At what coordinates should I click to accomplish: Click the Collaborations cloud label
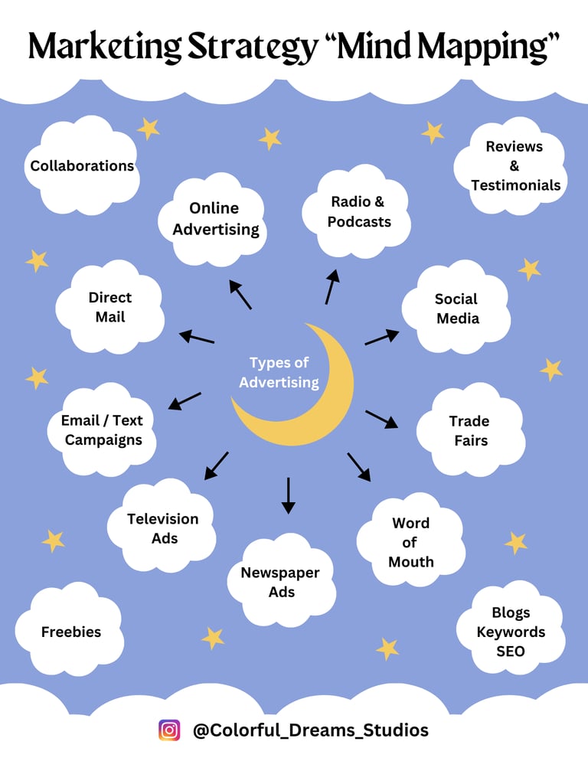(x=82, y=166)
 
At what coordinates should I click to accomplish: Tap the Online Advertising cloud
(x=215, y=218)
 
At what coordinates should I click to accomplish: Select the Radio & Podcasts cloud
(x=358, y=212)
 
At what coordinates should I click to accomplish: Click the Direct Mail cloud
(x=110, y=307)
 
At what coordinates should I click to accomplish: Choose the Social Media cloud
(x=457, y=309)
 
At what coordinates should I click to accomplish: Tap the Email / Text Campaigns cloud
(x=103, y=430)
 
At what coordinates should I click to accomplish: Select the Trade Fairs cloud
(x=469, y=430)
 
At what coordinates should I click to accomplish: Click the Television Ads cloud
(x=163, y=528)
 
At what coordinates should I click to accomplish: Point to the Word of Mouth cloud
(x=410, y=542)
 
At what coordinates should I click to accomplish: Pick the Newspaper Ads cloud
(x=281, y=582)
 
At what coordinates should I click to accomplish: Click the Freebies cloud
(x=71, y=632)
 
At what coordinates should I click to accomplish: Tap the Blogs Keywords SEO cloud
(x=511, y=632)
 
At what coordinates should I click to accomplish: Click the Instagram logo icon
(x=169, y=730)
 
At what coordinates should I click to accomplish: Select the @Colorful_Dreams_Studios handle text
(x=310, y=730)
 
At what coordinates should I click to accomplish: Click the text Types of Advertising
(x=279, y=372)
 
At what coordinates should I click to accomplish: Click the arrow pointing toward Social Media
(x=381, y=337)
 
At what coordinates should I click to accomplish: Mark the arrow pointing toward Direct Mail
(x=197, y=337)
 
